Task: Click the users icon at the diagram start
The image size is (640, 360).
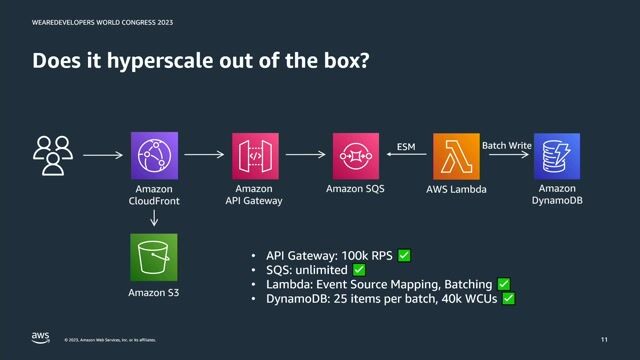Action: pos(52,155)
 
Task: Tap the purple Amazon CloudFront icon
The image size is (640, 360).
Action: pos(154,155)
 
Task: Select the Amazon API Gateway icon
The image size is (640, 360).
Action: pos(255,155)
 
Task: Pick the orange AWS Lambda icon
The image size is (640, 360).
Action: pos(456,155)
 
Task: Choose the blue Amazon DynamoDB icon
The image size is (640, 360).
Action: pos(557,155)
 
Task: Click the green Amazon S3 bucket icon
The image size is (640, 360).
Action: pos(154,257)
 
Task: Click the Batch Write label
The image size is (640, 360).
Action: pos(507,145)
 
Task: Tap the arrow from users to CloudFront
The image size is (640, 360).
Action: pos(103,155)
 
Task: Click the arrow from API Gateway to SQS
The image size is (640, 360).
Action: pos(305,155)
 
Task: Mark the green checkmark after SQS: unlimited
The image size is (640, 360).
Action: pos(359,270)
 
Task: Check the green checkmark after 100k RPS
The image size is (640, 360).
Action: pos(404,255)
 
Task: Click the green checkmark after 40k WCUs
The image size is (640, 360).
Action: pos(508,298)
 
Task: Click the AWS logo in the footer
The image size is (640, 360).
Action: pos(40,337)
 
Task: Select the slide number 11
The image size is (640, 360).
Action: pos(604,339)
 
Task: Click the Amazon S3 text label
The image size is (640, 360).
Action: pos(154,292)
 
